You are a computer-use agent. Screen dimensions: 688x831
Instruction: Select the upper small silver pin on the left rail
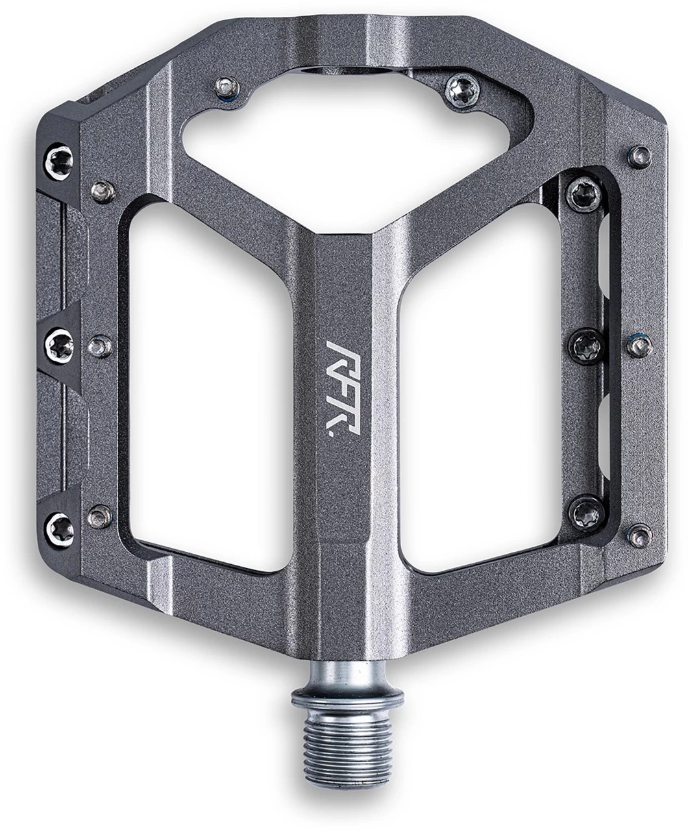[x=103, y=192]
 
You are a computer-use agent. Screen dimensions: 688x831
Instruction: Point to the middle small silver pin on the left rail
[x=99, y=344]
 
